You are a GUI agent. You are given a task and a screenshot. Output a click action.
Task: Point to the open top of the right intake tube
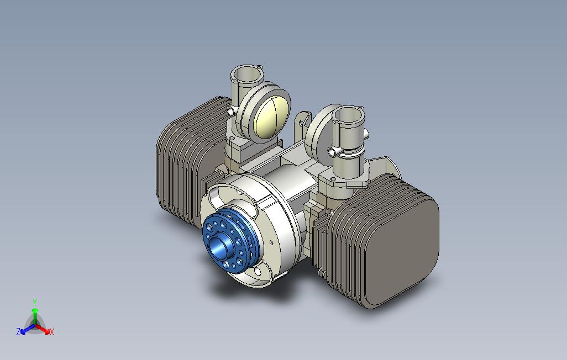[348, 114]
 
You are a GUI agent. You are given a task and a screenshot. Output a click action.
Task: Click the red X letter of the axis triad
[51, 332]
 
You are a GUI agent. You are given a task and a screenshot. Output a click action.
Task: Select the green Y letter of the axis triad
[34, 302]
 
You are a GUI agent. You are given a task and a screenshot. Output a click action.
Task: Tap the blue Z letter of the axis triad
[18, 332]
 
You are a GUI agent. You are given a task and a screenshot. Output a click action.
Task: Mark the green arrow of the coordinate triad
[35, 314]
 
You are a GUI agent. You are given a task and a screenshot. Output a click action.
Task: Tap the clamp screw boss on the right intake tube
[333, 151]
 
